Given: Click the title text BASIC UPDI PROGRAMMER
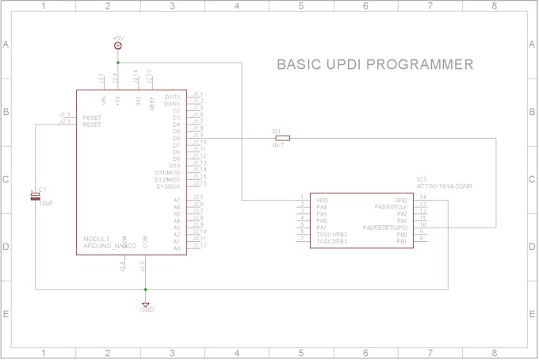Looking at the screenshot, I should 374,64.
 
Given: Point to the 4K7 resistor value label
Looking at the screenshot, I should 280,146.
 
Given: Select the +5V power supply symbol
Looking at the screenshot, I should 118,45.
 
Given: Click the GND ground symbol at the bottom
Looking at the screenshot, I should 146,304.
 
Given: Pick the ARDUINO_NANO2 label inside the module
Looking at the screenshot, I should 109,246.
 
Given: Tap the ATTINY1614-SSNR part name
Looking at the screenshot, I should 444,186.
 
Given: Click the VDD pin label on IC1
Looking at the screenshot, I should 322,200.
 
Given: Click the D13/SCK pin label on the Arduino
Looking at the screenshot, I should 167,186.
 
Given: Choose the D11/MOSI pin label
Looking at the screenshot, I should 167,172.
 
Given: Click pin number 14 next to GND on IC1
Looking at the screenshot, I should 422,197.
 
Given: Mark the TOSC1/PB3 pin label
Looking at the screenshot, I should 331,234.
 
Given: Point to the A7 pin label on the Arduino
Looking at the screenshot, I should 176,200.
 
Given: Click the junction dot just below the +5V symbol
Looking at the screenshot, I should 118,61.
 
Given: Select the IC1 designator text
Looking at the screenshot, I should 421,179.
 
